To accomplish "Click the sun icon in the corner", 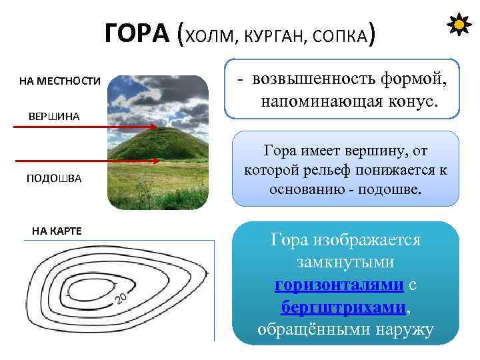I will tap(459, 26).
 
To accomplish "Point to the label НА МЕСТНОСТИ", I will tap(60, 81).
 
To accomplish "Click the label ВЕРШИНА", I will tap(54, 117).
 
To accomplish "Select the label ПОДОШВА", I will tap(54, 179).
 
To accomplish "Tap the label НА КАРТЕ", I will tap(57, 231).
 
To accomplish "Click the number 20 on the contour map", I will tap(121, 297).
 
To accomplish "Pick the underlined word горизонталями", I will tap(339, 285).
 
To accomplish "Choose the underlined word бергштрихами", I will tap(343, 307).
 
